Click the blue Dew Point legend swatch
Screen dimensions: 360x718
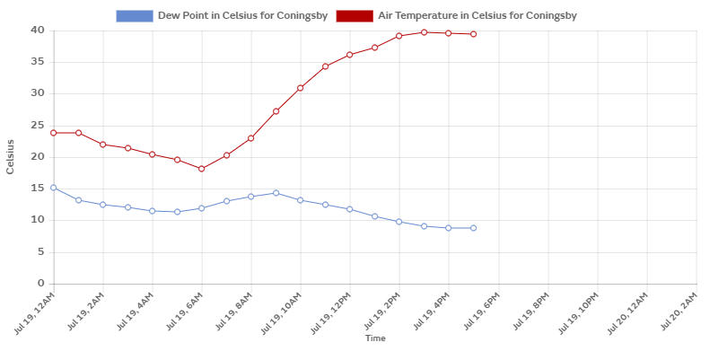pos(135,16)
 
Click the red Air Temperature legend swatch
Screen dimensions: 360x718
pos(354,16)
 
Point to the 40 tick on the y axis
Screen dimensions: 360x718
pos(38,31)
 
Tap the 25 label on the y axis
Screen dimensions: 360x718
pos(38,126)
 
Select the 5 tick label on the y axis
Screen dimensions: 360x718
pos(40,252)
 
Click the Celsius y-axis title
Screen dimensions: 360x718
pos(11,157)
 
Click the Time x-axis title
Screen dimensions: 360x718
pos(375,338)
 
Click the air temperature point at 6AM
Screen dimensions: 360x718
pos(202,169)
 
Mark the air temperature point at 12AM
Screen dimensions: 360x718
pos(54,133)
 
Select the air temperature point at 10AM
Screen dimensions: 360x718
pos(301,88)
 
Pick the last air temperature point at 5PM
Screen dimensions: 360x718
pos(473,34)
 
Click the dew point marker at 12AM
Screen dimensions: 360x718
pos(54,188)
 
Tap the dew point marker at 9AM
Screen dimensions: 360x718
pos(276,193)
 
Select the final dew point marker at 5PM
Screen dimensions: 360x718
pos(473,228)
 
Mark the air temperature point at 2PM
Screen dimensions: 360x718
pos(399,36)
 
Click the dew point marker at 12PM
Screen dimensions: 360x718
pos(350,209)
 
